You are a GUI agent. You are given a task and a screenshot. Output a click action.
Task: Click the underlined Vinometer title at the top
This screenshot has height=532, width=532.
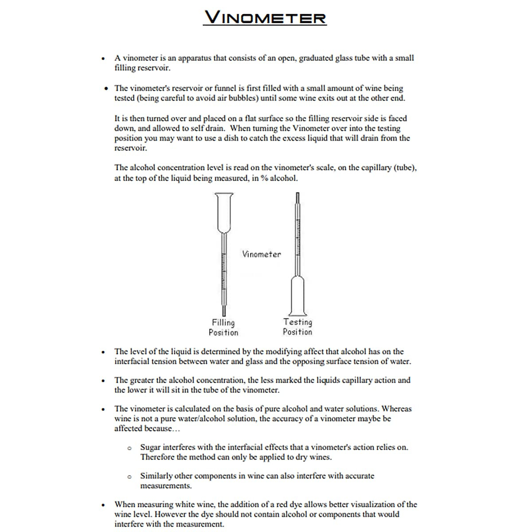point(265,17)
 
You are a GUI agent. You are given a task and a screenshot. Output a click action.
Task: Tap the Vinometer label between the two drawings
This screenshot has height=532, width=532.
point(261,254)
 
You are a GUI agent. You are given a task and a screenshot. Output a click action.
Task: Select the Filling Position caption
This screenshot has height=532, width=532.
point(223,328)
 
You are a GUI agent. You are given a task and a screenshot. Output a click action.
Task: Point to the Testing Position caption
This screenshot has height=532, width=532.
point(297,327)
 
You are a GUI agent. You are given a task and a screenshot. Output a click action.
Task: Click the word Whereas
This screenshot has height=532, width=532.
point(396,409)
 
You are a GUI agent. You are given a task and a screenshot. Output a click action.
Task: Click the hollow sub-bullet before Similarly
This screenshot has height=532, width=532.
point(129,477)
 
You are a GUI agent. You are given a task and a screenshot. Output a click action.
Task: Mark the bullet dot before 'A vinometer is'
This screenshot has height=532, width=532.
point(103,59)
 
